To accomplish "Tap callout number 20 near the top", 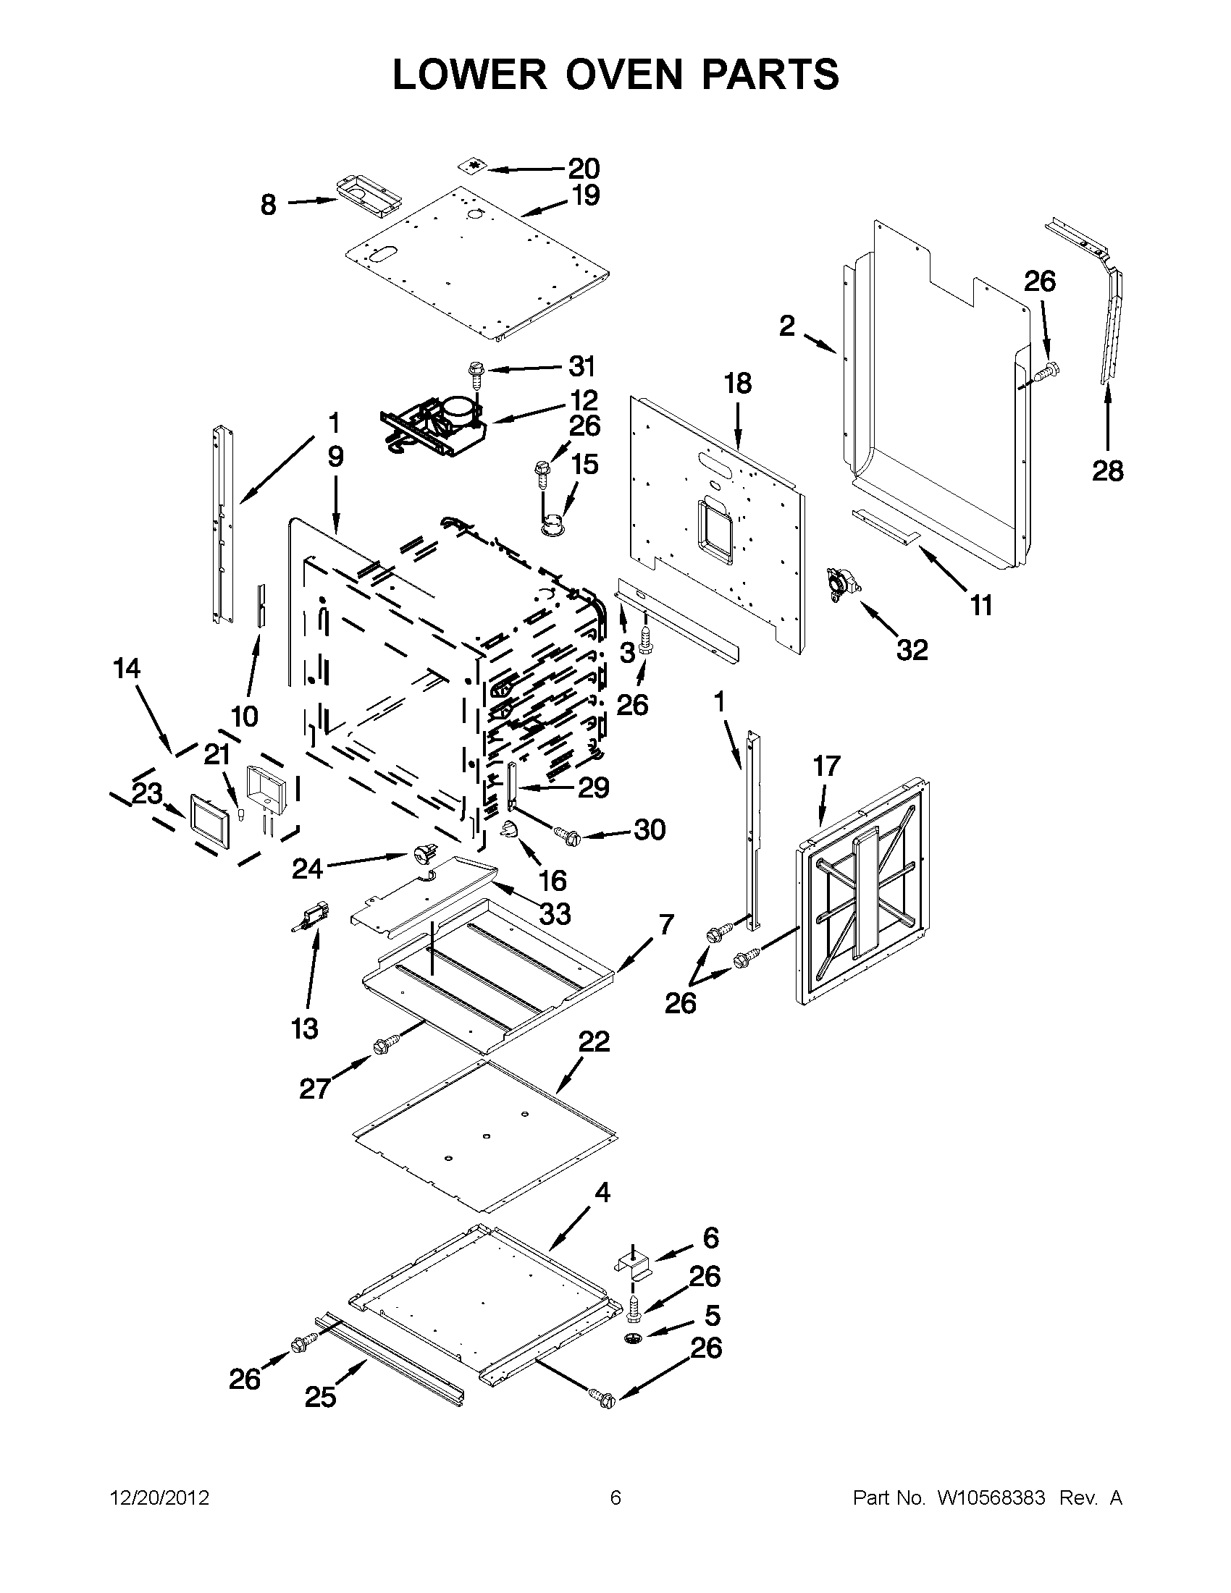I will pyautogui.click(x=584, y=169).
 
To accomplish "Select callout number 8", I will pyautogui.click(x=269, y=205).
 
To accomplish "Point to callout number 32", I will pyautogui.click(x=912, y=649).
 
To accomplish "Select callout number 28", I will pyautogui.click(x=1107, y=471).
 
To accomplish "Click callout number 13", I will pyautogui.click(x=304, y=1028).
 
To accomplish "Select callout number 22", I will pyautogui.click(x=594, y=1041).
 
